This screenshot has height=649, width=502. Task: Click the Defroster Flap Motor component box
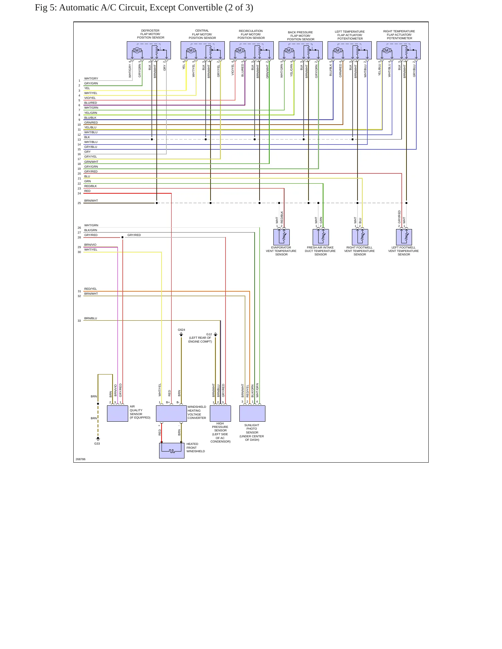[149, 50]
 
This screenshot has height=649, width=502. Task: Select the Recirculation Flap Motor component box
[252, 50]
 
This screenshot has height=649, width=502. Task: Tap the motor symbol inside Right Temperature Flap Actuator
[387, 51]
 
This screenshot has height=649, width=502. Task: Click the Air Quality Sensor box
[117, 414]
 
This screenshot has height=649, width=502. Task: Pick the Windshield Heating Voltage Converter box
[171, 414]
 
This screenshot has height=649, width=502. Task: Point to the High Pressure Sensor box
[220, 414]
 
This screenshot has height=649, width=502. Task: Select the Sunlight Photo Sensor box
[252, 414]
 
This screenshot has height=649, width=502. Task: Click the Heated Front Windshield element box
[172, 450]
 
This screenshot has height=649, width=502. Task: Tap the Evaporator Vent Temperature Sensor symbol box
[281, 237]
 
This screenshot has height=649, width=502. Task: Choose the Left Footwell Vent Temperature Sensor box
[404, 237]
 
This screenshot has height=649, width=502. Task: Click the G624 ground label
[181, 330]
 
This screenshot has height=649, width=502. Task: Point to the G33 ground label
[97, 444]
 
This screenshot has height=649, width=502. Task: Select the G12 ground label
[209, 334]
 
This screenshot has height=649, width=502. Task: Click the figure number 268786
[80, 459]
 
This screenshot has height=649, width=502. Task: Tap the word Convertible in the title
[201, 8]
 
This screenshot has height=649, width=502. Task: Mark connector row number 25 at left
[79, 203]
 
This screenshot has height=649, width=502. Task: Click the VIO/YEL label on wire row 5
[90, 98]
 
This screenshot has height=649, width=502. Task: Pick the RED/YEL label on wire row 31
[90, 289]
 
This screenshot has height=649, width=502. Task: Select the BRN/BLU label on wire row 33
[91, 318]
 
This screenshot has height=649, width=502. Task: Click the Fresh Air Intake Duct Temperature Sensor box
[321, 237]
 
